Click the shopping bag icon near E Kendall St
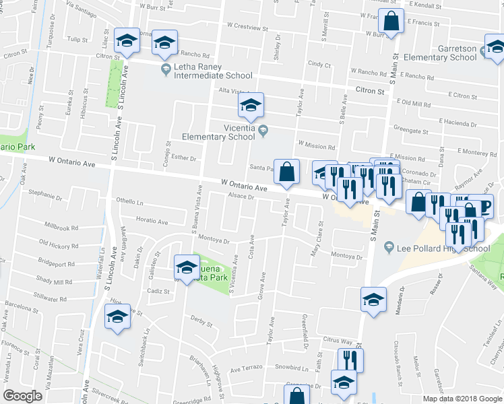[x=391, y=22]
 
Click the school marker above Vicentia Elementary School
[x=251, y=105]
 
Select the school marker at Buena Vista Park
[x=185, y=267]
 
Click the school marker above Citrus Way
[x=373, y=300]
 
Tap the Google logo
[x=22, y=396]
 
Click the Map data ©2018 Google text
[x=462, y=399]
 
